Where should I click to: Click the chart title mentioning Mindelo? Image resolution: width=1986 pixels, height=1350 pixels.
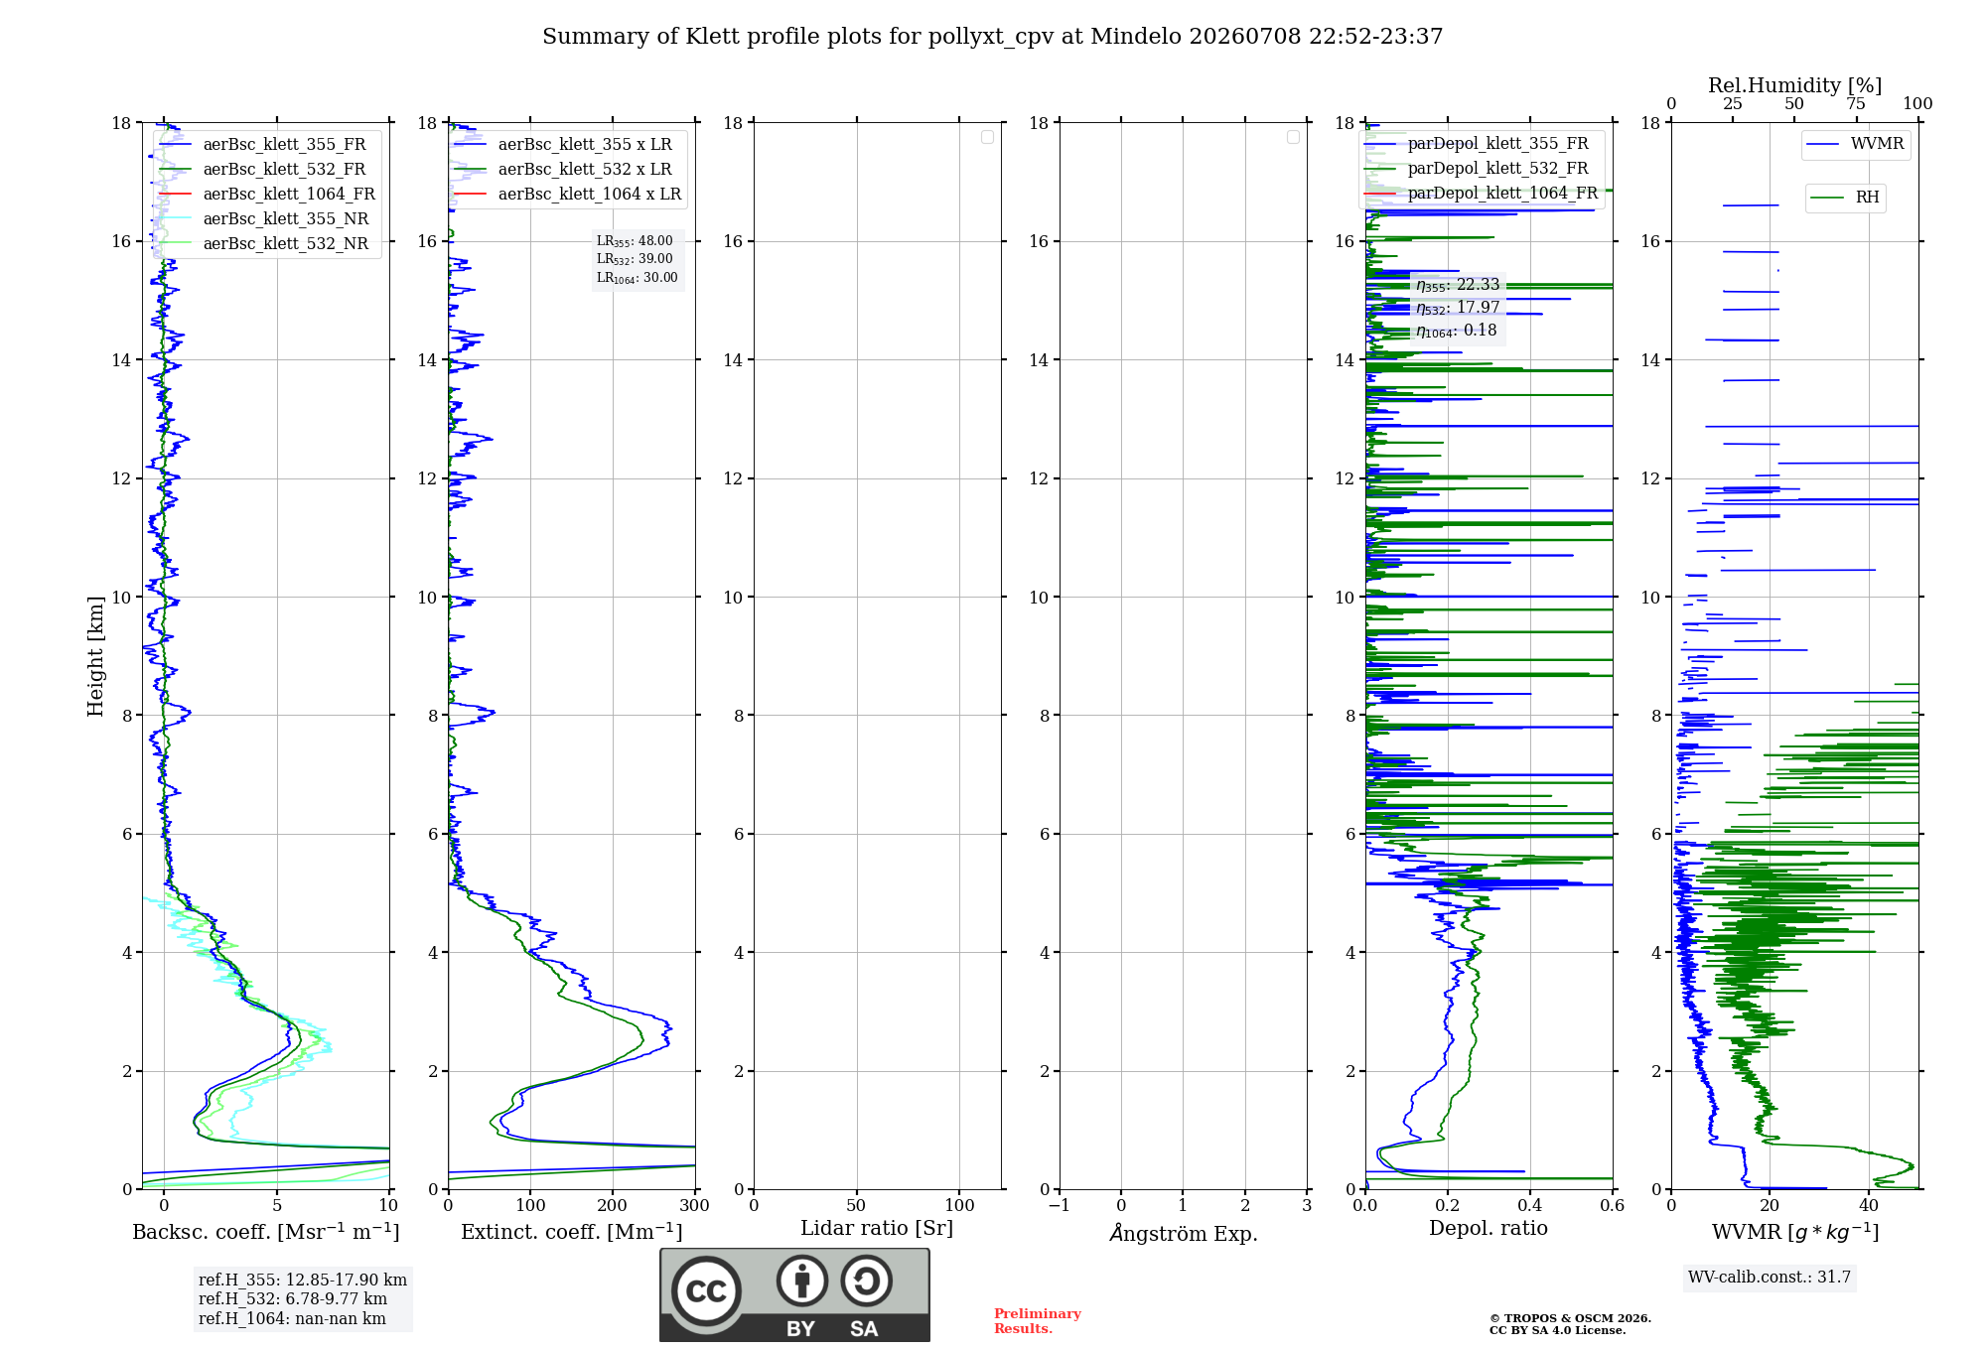pyautogui.click(x=992, y=37)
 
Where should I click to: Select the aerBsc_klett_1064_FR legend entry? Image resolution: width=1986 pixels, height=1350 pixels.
pyautogui.click(x=267, y=194)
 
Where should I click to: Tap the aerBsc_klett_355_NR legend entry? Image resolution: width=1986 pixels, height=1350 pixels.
pyautogui.click(x=264, y=218)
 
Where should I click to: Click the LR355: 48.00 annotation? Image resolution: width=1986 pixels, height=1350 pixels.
pyautogui.click(x=635, y=241)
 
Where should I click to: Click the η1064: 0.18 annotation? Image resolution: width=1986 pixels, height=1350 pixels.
pyautogui.click(x=1456, y=331)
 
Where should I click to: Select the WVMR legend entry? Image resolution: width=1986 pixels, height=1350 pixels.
pyautogui.click(x=1855, y=144)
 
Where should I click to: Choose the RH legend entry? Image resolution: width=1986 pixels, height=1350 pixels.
pyautogui.click(x=1844, y=198)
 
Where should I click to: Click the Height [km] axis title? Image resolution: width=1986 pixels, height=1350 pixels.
pyautogui.click(x=95, y=656)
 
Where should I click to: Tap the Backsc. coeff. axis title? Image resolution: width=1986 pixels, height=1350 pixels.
pyautogui.click(x=266, y=1232)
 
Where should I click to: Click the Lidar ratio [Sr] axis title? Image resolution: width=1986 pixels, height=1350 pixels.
pyautogui.click(x=877, y=1229)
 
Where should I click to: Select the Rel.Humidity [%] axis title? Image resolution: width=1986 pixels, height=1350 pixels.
pyautogui.click(x=1795, y=85)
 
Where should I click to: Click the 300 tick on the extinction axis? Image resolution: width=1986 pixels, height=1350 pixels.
pyautogui.click(x=695, y=1205)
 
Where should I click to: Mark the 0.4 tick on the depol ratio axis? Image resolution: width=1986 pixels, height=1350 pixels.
pyautogui.click(x=1530, y=1205)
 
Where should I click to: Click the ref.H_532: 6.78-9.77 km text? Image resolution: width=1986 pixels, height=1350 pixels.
pyautogui.click(x=293, y=1299)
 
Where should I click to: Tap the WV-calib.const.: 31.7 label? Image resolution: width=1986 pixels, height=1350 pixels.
pyautogui.click(x=1770, y=1278)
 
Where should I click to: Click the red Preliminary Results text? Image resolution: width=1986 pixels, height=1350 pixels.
pyautogui.click(x=1037, y=1321)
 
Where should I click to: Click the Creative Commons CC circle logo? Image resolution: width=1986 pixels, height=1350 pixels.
pyautogui.click(x=706, y=1291)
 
